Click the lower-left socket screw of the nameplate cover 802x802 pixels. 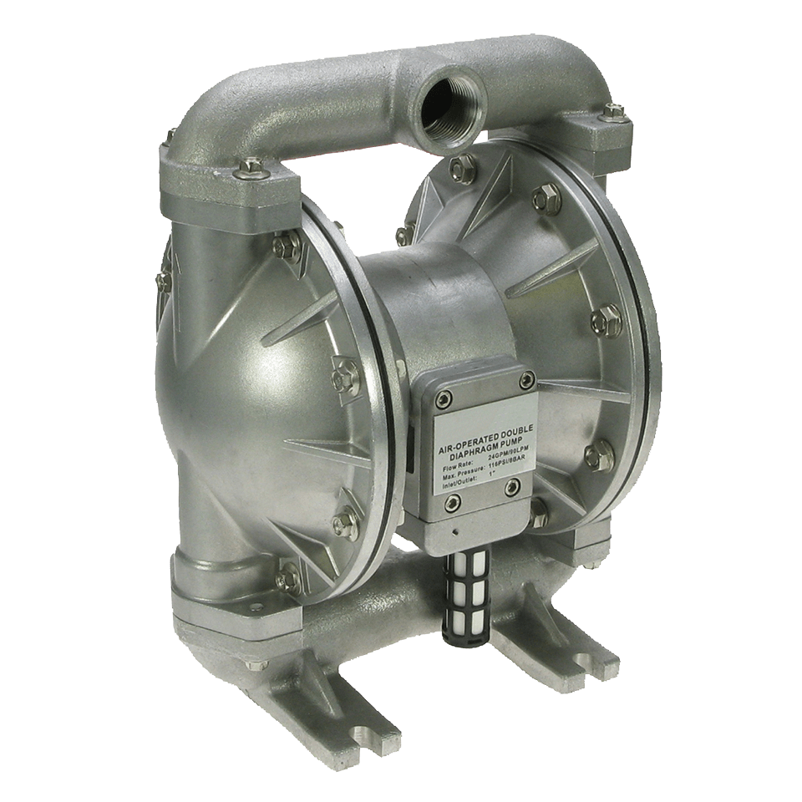click(x=453, y=501)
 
